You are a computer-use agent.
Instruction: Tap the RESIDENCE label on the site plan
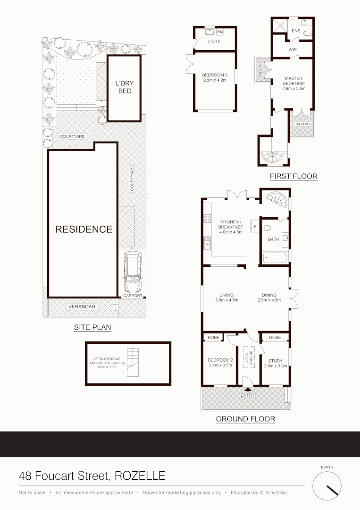coord(84,229)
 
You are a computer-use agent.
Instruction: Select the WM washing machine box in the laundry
coord(219,32)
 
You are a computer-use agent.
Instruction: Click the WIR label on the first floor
coord(293,48)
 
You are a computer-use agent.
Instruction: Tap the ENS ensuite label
coord(296,30)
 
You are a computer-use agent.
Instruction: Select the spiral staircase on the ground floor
coord(276,200)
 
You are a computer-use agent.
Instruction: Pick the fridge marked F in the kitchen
coord(255,227)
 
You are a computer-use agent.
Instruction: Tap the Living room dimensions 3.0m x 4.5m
coord(226,300)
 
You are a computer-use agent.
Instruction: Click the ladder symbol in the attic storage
coord(134,363)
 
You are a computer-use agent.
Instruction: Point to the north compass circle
coord(327,485)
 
